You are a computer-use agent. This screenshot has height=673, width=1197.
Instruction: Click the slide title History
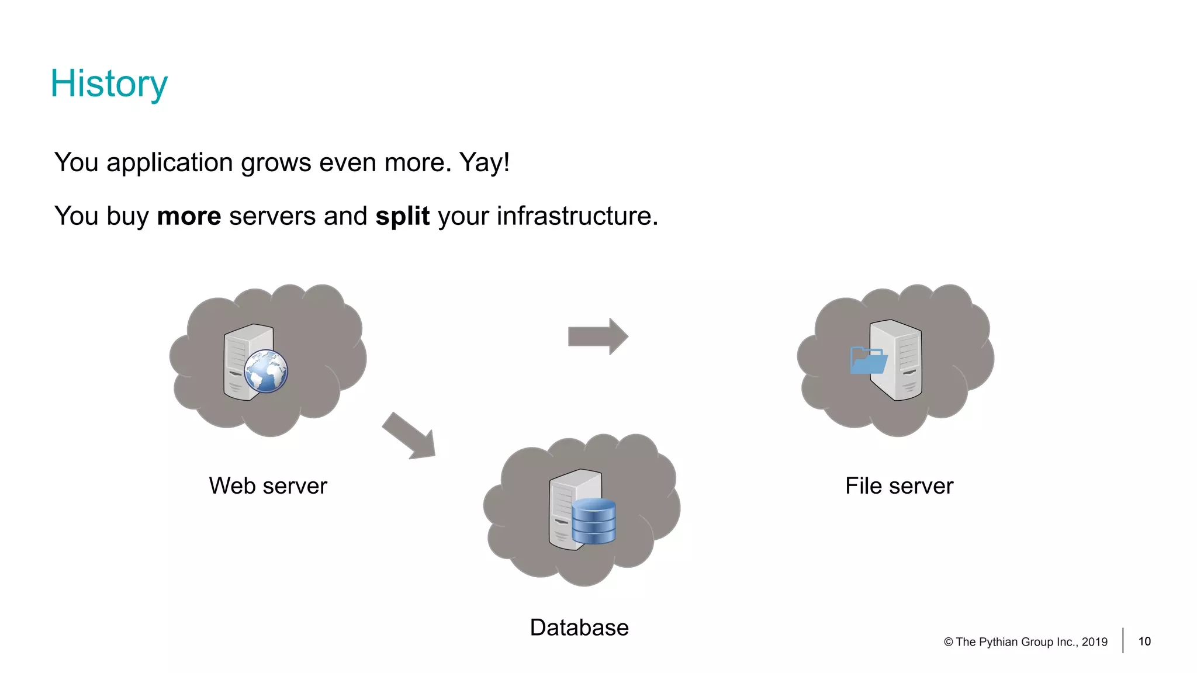tap(109, 84)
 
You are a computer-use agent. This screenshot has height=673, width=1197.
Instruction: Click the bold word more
tap(189, 216)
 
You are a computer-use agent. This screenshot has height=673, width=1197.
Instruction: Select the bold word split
tap(402, 216)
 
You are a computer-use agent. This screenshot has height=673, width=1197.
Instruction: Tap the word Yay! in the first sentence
tap(484, 162)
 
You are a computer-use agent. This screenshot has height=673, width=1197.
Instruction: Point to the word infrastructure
tap(577, 216)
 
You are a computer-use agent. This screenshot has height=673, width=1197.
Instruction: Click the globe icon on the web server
tap(266, 371)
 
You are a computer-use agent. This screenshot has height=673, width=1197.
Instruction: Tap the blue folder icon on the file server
tap(868, 360)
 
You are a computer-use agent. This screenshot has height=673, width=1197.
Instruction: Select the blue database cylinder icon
tap(593, 521)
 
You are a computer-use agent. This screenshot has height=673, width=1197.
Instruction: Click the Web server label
tap(268, 486)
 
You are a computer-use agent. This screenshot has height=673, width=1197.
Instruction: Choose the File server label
tap(899, 486)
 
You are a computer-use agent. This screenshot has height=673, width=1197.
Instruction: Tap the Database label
tap(579, 628)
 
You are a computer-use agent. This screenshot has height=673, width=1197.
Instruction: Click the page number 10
tap(1144, 641)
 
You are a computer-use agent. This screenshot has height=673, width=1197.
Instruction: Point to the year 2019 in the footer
tap(1094, 642)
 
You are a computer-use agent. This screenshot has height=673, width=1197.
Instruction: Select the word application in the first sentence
tap(169, 162)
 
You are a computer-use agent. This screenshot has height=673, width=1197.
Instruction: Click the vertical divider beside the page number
tap(1123, 640)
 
